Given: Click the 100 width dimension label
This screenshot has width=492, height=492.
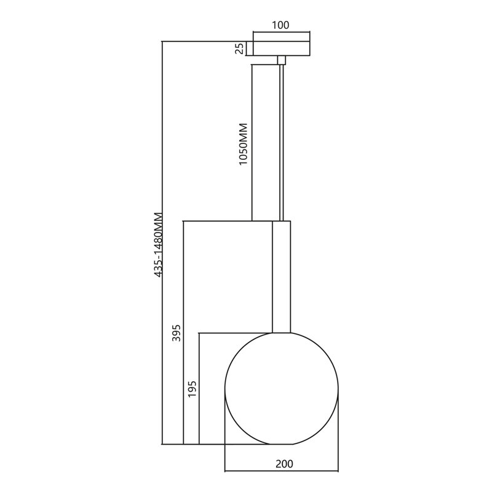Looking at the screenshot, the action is (280, 25).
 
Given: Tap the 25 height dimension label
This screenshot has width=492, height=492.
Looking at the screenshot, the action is (239, 49).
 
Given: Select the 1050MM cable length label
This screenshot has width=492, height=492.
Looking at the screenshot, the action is (243, 144).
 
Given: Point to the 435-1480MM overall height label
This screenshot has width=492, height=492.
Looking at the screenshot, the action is (159, 245).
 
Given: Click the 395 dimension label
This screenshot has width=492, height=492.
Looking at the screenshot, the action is (177, 333).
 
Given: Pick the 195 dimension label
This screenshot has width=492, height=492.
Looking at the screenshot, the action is (192, 389).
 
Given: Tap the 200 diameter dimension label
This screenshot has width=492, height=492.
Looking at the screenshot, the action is (284, 464).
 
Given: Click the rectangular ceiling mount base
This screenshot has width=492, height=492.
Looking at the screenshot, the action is (282, 49).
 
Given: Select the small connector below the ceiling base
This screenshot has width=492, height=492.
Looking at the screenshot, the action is (282, 60).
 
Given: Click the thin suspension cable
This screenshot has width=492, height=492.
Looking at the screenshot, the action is (282, 143).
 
